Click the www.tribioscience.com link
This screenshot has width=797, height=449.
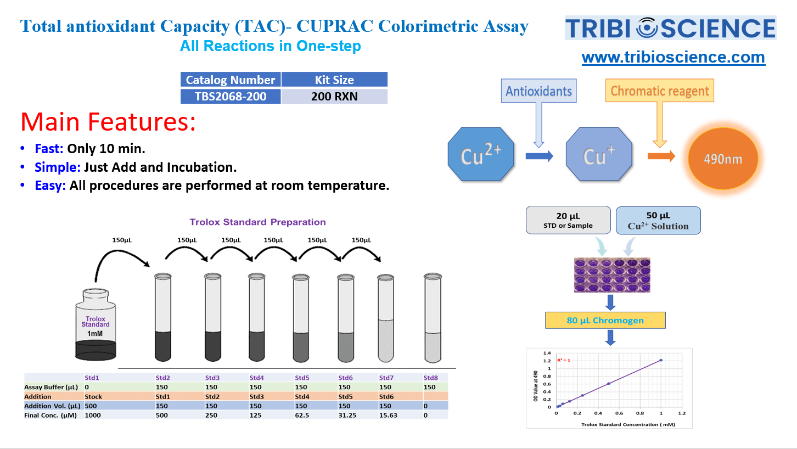673,57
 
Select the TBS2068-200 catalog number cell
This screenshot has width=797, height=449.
231,97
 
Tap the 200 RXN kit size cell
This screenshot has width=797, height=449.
334,97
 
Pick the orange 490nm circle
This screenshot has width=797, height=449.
723,159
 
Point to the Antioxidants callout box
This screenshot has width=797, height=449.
538,91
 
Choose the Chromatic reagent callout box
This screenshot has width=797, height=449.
659,91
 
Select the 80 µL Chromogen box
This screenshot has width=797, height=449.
605,320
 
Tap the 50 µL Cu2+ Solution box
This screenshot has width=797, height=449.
658,220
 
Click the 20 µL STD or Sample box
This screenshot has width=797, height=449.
568,220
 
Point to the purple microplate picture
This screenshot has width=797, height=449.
612,275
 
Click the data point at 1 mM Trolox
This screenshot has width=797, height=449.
661,360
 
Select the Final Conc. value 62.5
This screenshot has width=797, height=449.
302,416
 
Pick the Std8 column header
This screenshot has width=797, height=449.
430,378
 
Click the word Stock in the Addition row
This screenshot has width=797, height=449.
93,396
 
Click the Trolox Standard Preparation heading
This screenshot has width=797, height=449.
257,222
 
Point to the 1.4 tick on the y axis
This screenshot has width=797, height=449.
547,353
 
